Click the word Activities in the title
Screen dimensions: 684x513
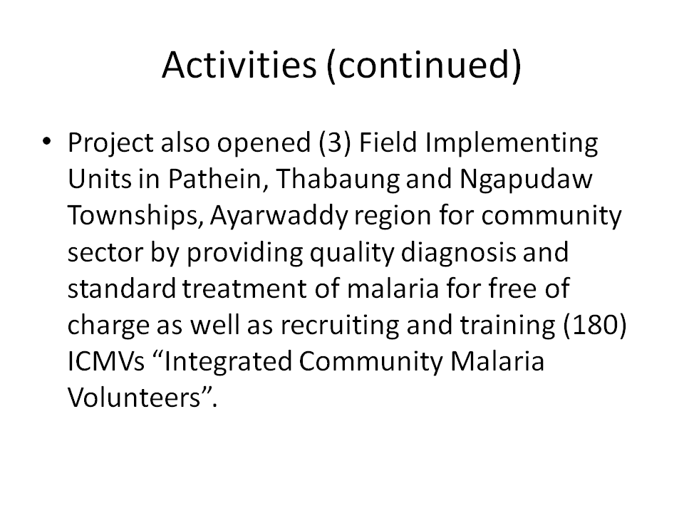239,64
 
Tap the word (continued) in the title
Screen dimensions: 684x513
424,66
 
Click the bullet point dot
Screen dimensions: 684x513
47,141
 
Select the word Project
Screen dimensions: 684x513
111,143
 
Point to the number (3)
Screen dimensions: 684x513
335,143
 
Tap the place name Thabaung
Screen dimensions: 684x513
338,180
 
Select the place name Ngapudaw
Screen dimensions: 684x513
526,180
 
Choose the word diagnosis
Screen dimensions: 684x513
458,253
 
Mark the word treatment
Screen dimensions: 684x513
244,289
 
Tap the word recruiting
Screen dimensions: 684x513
339,326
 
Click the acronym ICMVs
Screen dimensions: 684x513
106,362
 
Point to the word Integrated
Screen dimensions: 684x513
228,363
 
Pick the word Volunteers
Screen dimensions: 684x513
134,398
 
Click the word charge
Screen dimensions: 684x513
108,326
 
